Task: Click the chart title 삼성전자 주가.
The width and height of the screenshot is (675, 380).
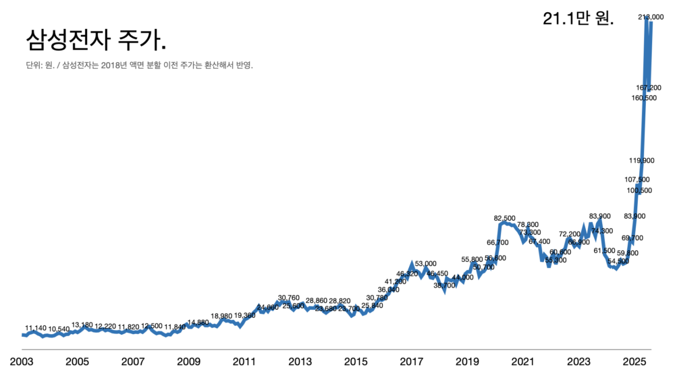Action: click(x=95, y=40)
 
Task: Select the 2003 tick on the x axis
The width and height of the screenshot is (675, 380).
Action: click(x=22, y=362)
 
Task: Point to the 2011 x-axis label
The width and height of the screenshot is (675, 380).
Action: click(x=244, y=362)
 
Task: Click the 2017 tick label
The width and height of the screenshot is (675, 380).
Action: click(x=412, y=362)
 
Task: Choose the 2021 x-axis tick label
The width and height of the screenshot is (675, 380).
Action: click(x=523, y=362)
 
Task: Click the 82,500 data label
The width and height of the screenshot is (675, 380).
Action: click(x=505, y=218)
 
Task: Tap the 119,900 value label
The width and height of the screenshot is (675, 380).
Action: click(x=641, y=161)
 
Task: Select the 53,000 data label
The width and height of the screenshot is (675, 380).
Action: click(x=426, y=263)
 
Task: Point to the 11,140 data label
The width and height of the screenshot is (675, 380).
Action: click(x=36, y=328)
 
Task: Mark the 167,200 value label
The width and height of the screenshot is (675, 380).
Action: click(x=649, y=88)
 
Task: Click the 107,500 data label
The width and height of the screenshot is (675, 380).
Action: click(x=637, y=180)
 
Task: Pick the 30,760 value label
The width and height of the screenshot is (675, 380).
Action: click(x=288, y=298)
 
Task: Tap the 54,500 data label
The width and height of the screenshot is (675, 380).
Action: click(x=618, y=261)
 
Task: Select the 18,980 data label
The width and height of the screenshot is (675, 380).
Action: click(x=221, y=316)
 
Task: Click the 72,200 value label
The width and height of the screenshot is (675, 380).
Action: click(x=570, y=234)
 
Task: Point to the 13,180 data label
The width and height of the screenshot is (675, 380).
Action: click(x=82, y=325)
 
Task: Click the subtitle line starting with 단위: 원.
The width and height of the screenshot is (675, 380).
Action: click(x=138, y=65)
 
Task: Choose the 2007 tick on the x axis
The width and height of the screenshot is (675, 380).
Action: click(x=133, y=362)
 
